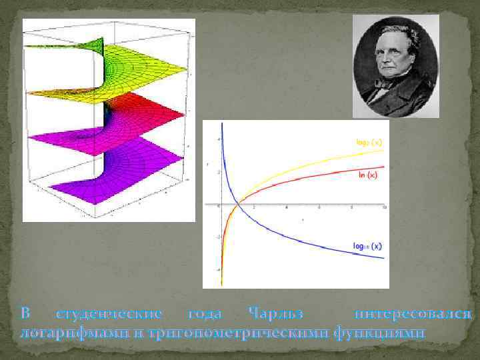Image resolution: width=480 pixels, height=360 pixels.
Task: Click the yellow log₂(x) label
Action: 368,142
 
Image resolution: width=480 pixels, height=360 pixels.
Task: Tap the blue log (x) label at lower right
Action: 367,246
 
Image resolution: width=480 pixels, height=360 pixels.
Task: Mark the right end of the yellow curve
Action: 385,150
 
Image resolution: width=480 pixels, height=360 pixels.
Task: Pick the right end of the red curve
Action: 385,167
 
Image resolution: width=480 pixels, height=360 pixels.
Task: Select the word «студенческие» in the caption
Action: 110,314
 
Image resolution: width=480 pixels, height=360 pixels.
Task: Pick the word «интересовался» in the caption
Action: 414,314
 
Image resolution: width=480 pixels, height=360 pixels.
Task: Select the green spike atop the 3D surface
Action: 99,45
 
